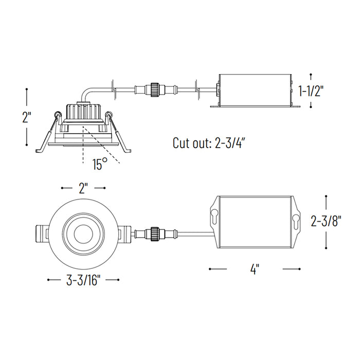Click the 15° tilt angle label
(x=100, y=165)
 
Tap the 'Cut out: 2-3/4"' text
(x=208, y=143)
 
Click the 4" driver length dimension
(x=254, y=268)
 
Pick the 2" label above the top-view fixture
(x=83, y=188)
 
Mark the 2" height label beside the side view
(x=27, y=117)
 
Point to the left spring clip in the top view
(x=43, y=234)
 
